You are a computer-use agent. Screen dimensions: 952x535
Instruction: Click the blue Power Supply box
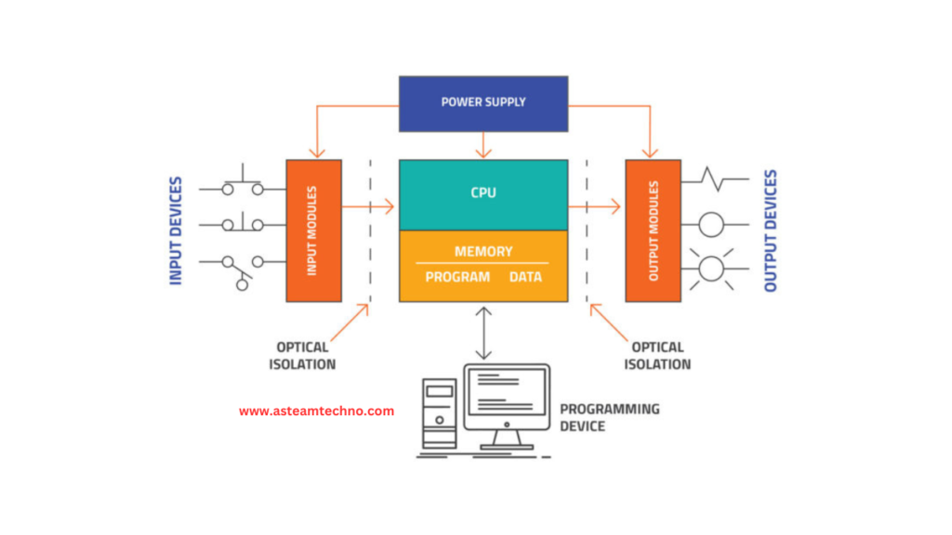tap(483, 104)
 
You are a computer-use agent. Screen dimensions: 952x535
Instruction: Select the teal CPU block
tap(483, 195)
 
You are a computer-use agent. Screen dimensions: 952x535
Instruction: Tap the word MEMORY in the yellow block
tap(483, 251)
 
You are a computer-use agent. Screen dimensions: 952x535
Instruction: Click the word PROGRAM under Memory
tap(457, 277)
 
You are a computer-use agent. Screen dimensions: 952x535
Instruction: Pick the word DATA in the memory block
tap(525, 277)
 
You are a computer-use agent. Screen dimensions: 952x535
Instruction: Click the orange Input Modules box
tap(314, 230)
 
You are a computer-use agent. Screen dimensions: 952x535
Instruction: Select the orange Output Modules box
tap(654, 230)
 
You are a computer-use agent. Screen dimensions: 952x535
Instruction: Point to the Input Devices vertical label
tap(176, 230)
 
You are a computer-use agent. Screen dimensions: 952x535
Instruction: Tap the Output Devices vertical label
tap(771, 230)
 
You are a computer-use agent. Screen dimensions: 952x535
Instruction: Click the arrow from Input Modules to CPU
tap(368, 207)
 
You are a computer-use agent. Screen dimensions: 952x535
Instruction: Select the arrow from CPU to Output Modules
tap(594, 207)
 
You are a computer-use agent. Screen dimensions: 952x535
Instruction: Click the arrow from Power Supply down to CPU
tap(483, 145)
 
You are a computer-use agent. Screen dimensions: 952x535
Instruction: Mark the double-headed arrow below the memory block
tap(483, 333)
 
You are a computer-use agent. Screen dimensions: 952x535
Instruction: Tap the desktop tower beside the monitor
tap(440, 413)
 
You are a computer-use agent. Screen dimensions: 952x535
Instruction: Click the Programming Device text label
tap(610, 417)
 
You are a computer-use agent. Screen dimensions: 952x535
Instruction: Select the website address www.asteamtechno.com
tap(316, 411)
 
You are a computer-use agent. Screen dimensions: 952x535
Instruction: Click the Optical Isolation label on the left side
tap(302, 356)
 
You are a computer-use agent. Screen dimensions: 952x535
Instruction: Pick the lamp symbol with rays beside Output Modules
tap(711, 268)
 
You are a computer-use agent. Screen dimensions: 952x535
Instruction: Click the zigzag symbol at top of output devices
tap(715, 179)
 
